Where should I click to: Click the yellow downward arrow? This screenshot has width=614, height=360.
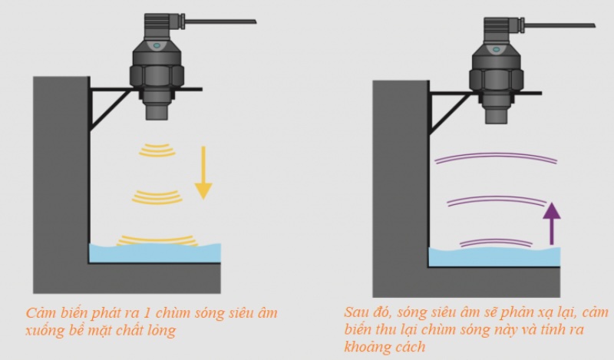203,173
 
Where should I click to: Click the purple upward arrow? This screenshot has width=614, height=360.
552,223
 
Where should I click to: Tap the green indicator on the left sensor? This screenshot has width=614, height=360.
157,45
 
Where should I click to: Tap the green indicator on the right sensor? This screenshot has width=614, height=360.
496,50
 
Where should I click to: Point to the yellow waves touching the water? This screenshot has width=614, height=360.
157,240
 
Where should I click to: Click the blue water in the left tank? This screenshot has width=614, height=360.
155,253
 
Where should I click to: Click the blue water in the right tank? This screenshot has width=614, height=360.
494,257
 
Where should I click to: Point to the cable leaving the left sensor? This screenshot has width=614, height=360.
220,21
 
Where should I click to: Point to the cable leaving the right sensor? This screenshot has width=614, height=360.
560,25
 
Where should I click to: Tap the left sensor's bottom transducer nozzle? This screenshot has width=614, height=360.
157,111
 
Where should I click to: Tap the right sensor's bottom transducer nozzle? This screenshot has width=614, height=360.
496,115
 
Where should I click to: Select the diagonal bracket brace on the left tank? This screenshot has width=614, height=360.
111,111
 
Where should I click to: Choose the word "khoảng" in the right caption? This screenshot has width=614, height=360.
368,347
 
